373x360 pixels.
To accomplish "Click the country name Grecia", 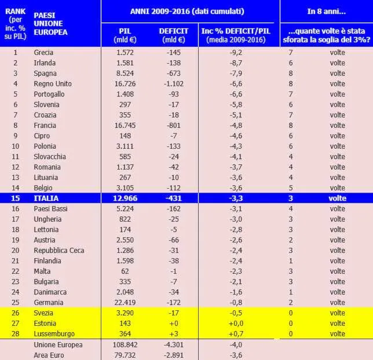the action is (43, 53).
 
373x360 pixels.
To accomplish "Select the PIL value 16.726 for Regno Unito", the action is (125, 84).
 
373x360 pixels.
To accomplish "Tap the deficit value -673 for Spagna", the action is (174, 74).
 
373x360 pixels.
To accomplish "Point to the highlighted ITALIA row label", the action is (46, 199).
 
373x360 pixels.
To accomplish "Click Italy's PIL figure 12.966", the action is (125, 199).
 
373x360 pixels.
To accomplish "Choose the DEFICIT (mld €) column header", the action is (174, 35).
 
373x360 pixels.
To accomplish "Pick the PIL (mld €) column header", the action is (125, 35).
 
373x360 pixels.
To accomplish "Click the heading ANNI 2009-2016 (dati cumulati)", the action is (187, 12).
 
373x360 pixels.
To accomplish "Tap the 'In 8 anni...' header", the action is (327, 12).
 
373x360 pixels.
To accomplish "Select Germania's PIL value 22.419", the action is (125, 303).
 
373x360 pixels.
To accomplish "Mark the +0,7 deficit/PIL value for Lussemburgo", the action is (236, 334).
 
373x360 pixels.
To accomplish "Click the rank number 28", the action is (16, 334).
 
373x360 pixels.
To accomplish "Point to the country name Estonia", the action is (45, 324).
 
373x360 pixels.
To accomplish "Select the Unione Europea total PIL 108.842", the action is (125, 345).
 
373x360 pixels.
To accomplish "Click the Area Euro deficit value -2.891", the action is (174, 355).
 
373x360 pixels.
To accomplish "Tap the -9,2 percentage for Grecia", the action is (236, 53).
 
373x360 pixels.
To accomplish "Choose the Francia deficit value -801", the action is (174, 126).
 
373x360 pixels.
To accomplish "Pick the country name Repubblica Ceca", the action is (59, 251).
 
